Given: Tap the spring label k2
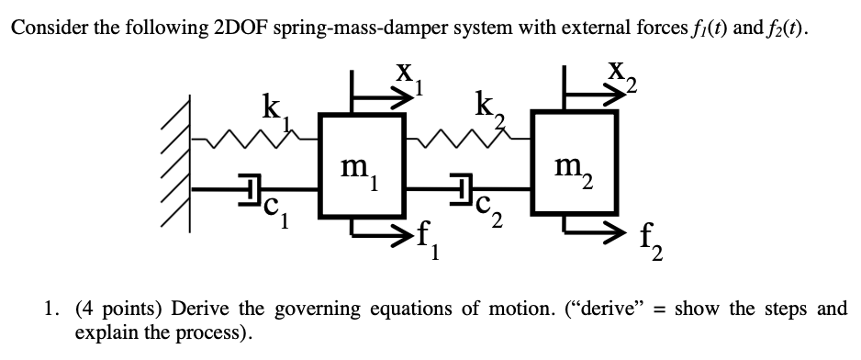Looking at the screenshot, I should coord(486,106).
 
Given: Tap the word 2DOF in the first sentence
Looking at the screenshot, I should coord(248,27).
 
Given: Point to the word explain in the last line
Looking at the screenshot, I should coord(106,331).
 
